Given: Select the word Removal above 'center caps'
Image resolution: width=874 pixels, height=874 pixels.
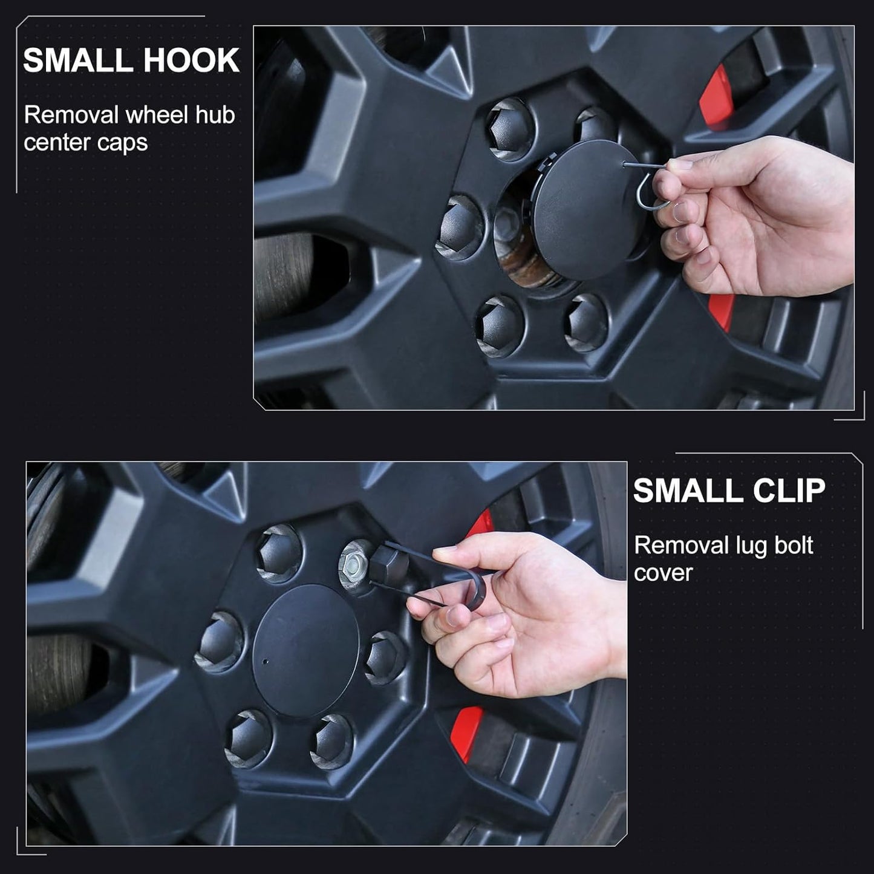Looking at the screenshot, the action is click(71, 115).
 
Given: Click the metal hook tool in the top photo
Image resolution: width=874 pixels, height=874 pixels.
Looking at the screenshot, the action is click(648, 186).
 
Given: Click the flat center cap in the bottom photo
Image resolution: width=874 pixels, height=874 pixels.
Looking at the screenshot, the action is click(305, 651).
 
